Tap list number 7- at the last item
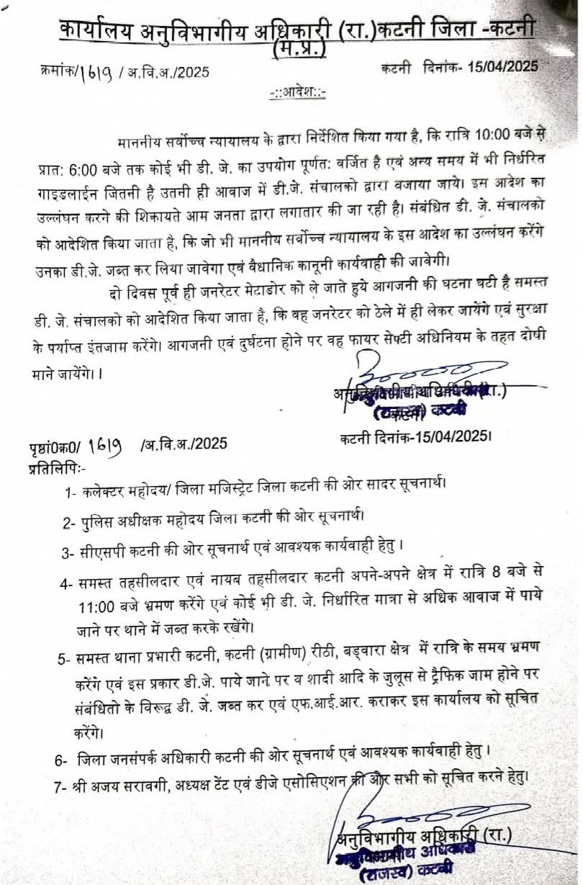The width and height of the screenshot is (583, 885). (x=61, y=782)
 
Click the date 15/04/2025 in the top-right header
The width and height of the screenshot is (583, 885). (x=502, y=67)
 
